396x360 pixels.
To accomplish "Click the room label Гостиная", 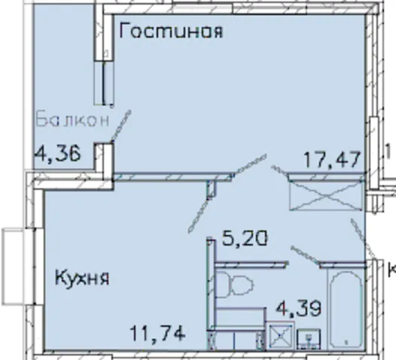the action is [x=171, y=31].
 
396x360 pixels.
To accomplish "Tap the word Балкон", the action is [x=73, y=120].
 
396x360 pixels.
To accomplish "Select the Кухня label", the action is [x=82, y=278].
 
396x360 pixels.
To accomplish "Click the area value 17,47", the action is [x=332, y=160].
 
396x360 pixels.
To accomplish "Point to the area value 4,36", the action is [x=58, y=154].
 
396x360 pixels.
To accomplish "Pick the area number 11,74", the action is [x=157, y=333].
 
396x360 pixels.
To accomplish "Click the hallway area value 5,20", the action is [x=245, y=239].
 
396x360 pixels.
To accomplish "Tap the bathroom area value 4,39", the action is [x=299, y=308].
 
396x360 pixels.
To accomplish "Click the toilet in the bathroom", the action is [x=235, y=283].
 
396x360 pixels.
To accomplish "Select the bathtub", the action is [x=346, y=310].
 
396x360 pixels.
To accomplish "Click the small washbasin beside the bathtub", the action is [x=309, y=338].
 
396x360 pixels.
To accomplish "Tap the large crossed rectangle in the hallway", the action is [x=326, y=196].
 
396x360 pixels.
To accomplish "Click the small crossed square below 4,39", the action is [x=281, y=335].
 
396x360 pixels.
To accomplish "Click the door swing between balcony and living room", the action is [x=120, y=125].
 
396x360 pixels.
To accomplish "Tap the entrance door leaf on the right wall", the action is [x=358, y=237].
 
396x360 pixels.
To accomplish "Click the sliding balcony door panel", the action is [x=104, y=84].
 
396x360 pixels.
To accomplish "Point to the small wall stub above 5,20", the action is [x=212, y=190].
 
